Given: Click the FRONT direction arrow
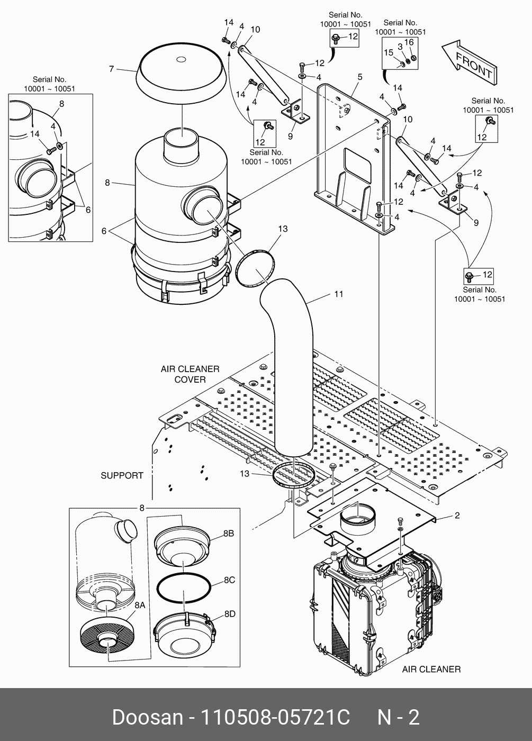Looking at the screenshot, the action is pos(469,62).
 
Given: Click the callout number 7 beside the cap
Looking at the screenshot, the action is pos(112,69).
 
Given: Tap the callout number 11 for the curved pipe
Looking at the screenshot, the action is pos(338,294).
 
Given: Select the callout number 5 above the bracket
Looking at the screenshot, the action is pos(360,77).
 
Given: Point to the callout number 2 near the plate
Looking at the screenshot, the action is pos(457,515).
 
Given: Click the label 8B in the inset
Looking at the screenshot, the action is pos(229,533).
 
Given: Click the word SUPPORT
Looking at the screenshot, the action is pos(122,475).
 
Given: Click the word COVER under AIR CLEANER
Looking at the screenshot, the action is pos(190,379).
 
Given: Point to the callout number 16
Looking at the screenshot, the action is pos(409,42).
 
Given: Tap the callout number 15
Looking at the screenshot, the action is pos(389,52).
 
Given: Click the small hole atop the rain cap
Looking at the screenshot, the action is pos(181,59).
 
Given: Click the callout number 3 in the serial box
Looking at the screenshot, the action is pos(400,47).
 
